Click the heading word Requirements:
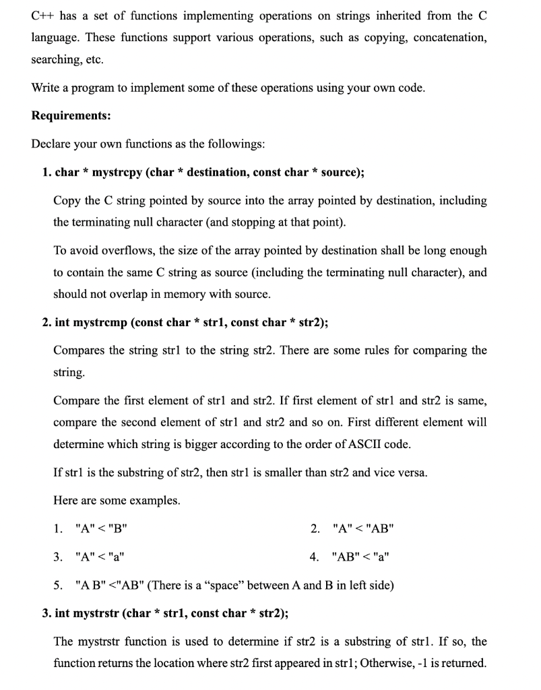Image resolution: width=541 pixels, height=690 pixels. pyautogui.click(x=71, y=116)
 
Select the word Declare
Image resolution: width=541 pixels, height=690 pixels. pyautogui.click(x=51, y=144)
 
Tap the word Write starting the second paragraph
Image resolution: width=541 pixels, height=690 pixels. pyautogui.click(x=45, y=88)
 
